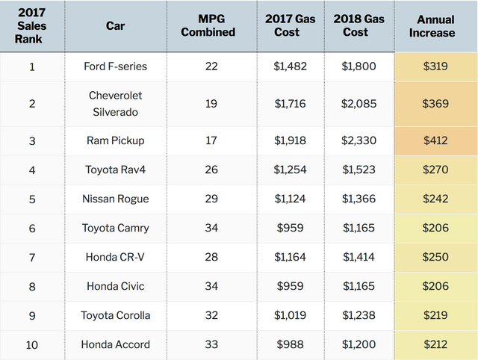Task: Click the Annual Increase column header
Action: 435,26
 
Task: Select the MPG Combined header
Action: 211,26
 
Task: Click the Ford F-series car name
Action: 116,66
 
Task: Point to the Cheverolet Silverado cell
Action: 116,103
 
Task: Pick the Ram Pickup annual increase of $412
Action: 435,140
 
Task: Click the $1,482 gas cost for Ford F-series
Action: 289,66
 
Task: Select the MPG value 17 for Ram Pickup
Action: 211,140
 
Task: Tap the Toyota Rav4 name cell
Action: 116,170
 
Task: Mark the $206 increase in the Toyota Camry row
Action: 435,228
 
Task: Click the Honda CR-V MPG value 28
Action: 211,257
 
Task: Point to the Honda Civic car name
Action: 116,286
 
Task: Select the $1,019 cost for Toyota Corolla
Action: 289,315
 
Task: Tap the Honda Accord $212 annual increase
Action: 435,344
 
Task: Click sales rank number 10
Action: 32,344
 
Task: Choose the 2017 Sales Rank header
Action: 32,26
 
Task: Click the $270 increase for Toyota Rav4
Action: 435,170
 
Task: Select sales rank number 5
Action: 32,199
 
